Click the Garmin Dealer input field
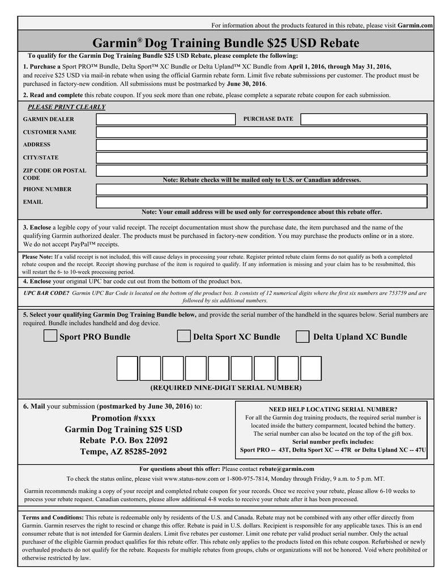pyautogui.click(x=165, y=119)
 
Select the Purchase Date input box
pyautogui.click(x=364, y=119)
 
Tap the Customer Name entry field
pyautogui.click(x=261, y=132)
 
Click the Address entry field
pyautogui.click(x=261, y=145)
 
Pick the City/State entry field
pyautogui.click(x=261, y=158)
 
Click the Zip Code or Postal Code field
pyautogui.click(x=261, y=171)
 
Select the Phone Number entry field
pyautogui.click(x=261, y=190)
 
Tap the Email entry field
pyautogui.click(x=261, y=203)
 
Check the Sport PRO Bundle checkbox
pyautogui.click(x=50, y=336)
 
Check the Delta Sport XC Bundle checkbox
pyautogui.click(x=184, y=336)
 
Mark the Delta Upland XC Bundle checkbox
pyautogui.click(x=303, y=336)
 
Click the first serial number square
pyautogui.click(x=127, y=368)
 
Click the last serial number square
pyautogui.click(x=311, y=368)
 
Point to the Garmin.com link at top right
pyautogui.click(x=415, y=26)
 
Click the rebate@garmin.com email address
pyautogui.click(x=286, y=469)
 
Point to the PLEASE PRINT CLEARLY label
pyautogui.click(x=66, y=107)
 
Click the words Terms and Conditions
pyautogui.click(x=52, y=517)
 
